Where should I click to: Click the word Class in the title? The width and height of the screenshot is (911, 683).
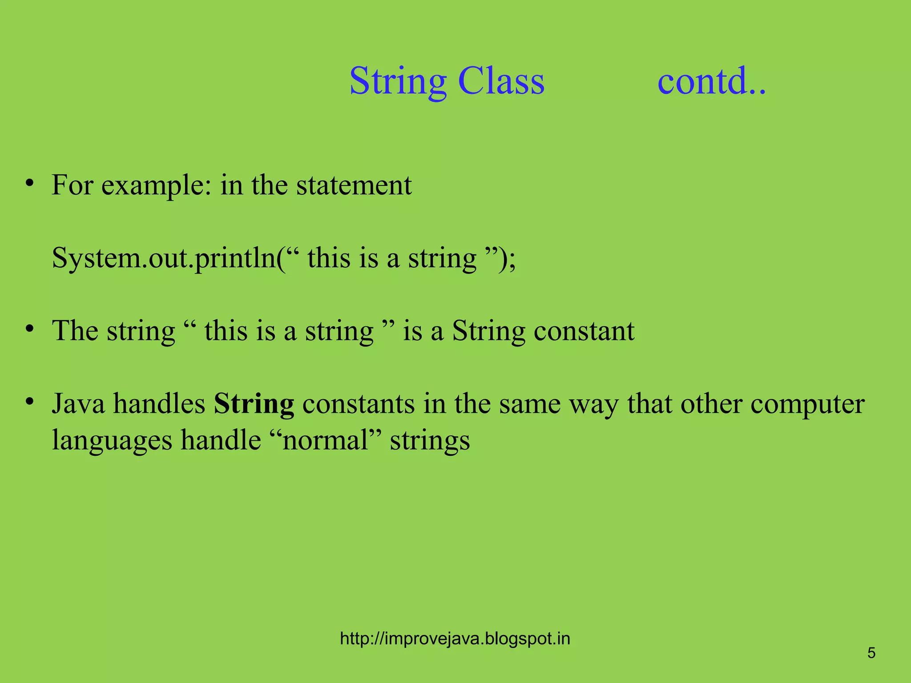pos(501,81)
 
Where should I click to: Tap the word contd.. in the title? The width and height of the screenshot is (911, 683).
pos(711,81)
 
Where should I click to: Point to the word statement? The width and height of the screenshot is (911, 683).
pos(354,185)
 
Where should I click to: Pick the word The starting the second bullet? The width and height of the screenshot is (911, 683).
pos(75,331)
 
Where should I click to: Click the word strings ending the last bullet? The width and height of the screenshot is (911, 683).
pos(430,441)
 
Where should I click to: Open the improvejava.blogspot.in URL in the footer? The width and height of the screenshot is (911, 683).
pos(455,639)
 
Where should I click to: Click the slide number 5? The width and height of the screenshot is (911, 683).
pos(871,653)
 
